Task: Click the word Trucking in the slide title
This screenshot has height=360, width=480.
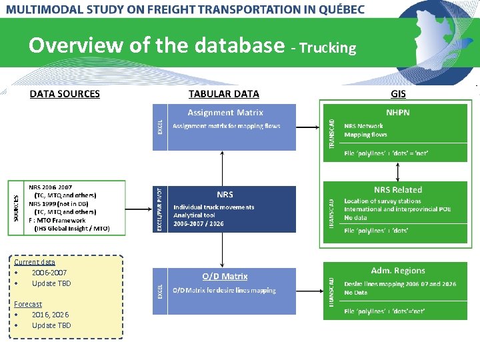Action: (328, 48)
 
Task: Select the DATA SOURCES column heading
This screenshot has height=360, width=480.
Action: (65, 94)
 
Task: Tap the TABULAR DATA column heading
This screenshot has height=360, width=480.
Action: (224, 94)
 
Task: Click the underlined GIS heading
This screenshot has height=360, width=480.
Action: (398, 94)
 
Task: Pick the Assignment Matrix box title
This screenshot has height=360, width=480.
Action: (225, 113)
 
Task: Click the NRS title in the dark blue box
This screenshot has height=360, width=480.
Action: (225, 194)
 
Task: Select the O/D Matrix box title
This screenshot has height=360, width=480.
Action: (225, 276)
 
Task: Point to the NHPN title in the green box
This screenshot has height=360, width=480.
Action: (398, 112)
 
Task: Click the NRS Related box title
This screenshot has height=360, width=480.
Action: (398, 190)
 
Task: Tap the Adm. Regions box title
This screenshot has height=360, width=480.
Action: (398, 270)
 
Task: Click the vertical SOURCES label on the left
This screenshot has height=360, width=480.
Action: (17, 208)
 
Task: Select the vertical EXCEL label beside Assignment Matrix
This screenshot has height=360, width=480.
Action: (159, 127)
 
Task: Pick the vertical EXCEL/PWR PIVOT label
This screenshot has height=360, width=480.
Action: (159, 209)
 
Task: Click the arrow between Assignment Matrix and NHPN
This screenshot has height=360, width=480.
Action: (308, 127)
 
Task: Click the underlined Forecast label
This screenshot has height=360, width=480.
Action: (28, 304)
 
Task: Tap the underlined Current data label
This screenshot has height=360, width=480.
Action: (35, 262)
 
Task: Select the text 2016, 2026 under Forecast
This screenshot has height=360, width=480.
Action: (50, 315)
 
